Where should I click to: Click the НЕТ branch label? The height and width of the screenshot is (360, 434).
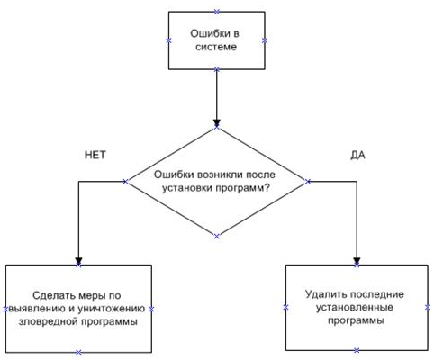(x=95, y=155)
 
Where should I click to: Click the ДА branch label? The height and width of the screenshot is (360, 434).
(x=357, y=155)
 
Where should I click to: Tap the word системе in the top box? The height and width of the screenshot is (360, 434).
(x=216, y=47)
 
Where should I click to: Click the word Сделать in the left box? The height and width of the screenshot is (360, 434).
(x=53, y=295)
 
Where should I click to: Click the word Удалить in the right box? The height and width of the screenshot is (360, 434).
(x=325, y=294)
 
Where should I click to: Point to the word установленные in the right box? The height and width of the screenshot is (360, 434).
(x=355, y=308)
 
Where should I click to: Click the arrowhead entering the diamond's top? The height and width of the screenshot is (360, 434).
(x=217, y=122)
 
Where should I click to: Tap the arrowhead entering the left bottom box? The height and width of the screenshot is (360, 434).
(x=78, y=260)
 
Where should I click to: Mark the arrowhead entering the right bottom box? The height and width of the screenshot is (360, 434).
(x=357, y=260)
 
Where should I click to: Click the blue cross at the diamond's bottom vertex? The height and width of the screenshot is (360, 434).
(x=217, y=236)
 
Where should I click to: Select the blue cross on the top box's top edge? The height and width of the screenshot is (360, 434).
(x=217, y=12)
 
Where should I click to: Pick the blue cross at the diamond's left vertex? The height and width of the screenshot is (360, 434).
(x=125, y=182)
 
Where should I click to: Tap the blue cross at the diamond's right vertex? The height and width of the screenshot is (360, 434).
(x=308, y=182)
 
